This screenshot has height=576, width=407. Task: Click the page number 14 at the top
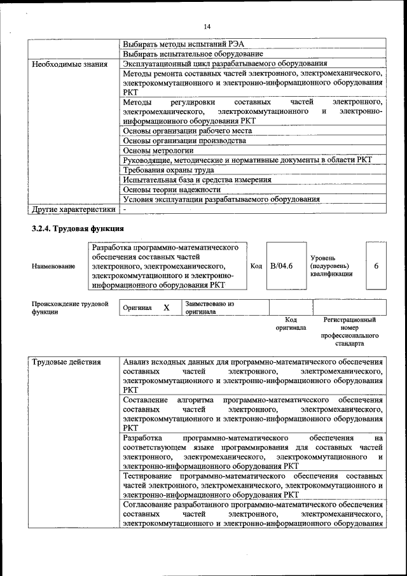coord(207,26)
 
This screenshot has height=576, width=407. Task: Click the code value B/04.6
coord(281,265)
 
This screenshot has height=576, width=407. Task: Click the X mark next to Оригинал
coord(167,307)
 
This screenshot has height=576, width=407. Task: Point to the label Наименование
coord(53,266)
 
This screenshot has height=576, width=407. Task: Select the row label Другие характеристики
coord(73,209)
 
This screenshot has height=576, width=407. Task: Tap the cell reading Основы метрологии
coord(158,150)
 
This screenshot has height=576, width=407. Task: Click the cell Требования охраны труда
coord(169,170)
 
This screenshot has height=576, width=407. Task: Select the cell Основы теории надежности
coord(172,189)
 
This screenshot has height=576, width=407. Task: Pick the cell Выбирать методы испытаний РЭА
coord(183,44)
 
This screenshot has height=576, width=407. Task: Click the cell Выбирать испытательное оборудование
coord(193,54)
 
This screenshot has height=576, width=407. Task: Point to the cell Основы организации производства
coord(184,140)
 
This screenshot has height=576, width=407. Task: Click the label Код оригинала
coord(291,323)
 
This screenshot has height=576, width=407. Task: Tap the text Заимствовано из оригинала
coord(209,308)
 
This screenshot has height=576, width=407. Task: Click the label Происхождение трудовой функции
coord(69,308)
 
